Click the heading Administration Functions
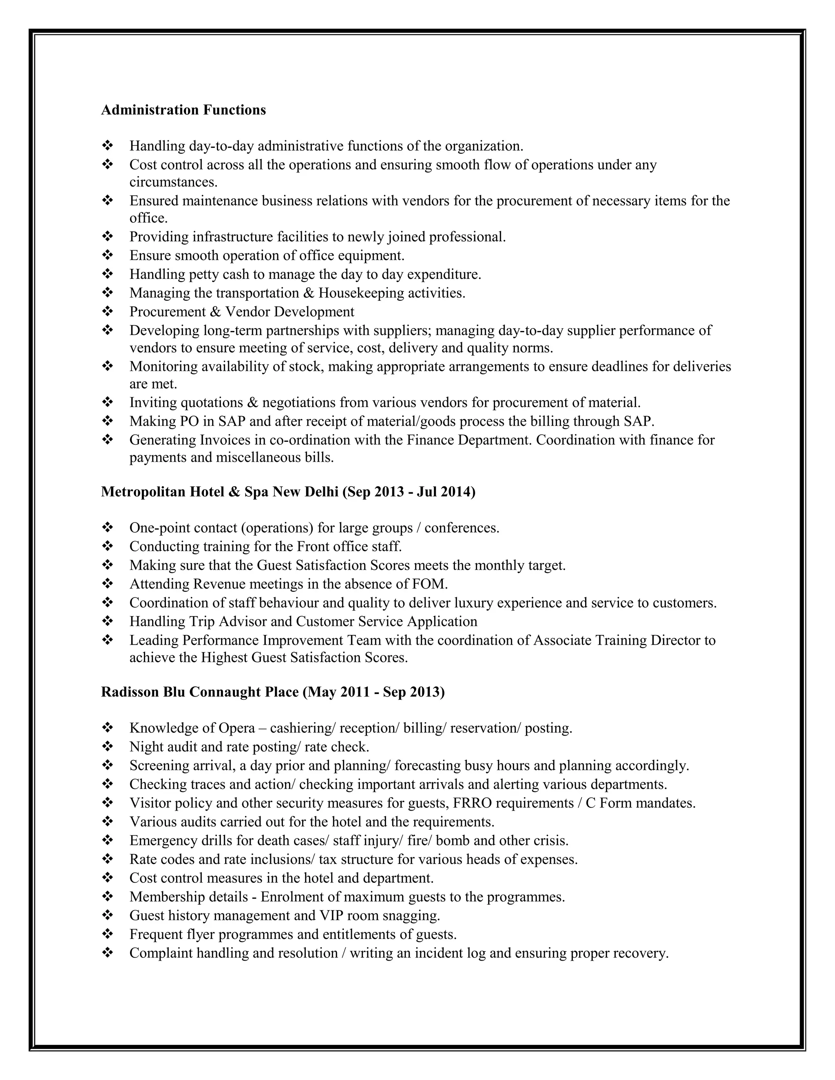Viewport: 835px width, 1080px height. [183, 110]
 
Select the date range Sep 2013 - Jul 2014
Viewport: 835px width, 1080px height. [408, 492]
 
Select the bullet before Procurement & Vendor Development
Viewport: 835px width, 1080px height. [107, 311]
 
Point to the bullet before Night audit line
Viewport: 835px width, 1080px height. [107, 747]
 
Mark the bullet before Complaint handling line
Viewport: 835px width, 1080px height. [107, 953]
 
